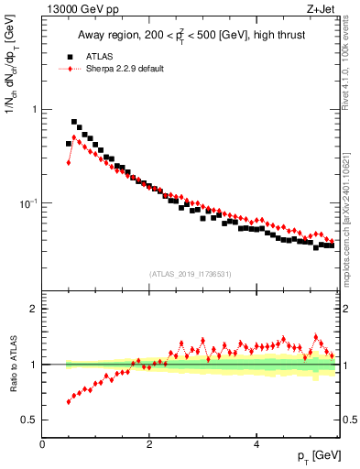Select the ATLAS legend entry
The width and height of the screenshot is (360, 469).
[x=103, y=55]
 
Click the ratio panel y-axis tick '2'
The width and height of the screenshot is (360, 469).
[x=35, y=309]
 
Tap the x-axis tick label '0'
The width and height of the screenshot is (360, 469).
[x=42, y=443]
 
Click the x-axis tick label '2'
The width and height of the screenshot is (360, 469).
[x=149, y=443]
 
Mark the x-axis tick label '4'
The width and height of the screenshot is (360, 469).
[x=256, y=443]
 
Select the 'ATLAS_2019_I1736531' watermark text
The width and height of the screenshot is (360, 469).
[x=191, y=274]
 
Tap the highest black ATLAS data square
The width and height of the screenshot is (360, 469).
[x=74, y=121]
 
